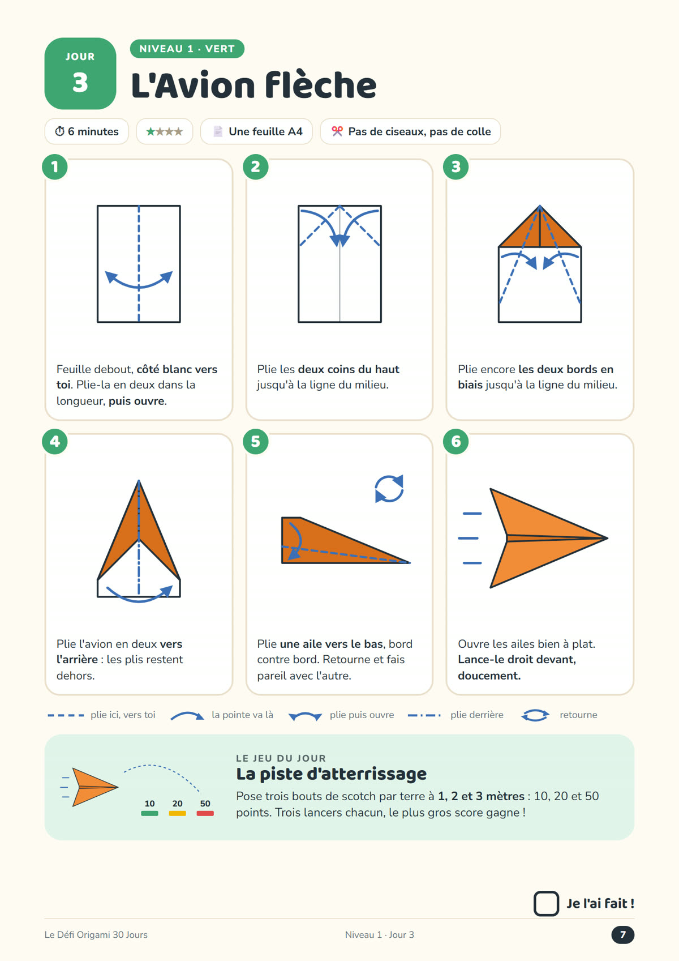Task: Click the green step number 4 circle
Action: (x=55, y=442)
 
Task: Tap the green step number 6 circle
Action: (x=455, y=442)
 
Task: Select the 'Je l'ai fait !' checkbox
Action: (x=545, y=903)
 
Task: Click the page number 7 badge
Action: (x=622, y=934)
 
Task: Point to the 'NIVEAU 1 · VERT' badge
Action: (x=187, y=49)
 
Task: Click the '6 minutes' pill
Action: (x=87, y=131)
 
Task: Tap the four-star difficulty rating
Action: (x=165, y=131)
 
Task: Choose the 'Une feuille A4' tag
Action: (x=256, y=131)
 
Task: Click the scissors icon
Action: (x=337, y=131)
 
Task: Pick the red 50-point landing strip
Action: (x=205, y=813)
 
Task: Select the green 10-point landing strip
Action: (x=149, y=813)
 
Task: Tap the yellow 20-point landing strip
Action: (x=178, y=813)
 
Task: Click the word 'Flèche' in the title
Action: (x=321, y=85)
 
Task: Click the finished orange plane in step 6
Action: (x=549, y=538)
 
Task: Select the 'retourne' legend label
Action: (x=578, y=715)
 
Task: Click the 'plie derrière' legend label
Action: (x=476, y=715)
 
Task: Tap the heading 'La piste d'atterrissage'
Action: (x=332, y=774)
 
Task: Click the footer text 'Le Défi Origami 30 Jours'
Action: (x=96, y=934)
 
